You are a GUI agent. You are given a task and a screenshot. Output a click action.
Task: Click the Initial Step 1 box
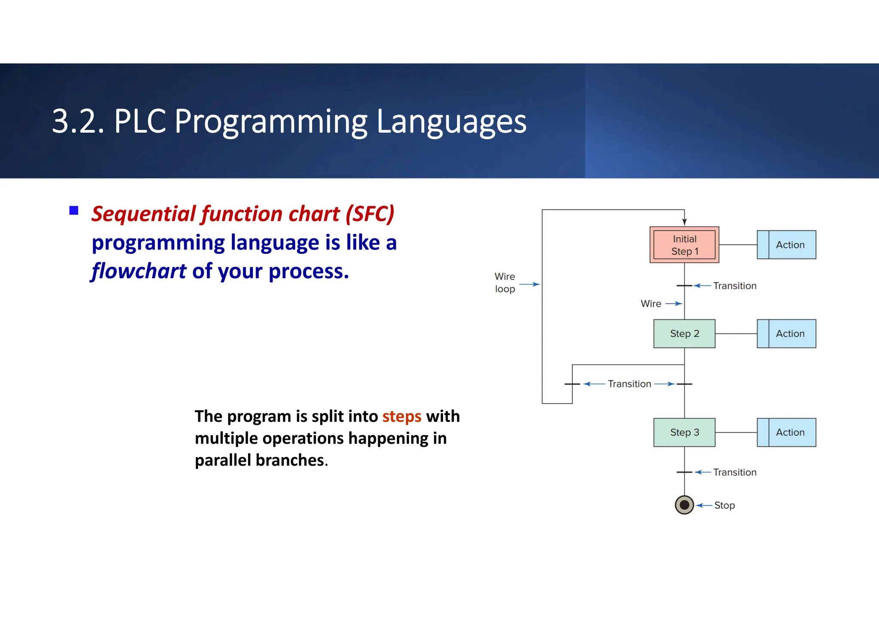click(x=684, y=245)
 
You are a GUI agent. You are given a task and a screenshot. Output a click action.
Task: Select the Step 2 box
click(x=684, y=334)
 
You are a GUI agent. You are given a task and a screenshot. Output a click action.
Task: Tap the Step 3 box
click(x=684, y=433)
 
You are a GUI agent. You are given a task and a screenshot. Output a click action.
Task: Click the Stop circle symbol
click(x=684, y=505)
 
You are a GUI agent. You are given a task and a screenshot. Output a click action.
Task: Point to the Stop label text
click(x=724, y=506)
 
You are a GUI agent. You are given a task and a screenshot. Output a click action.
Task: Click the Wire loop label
click(x=505, y=283)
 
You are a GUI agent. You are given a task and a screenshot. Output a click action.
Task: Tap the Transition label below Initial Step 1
click(x=735, y=286)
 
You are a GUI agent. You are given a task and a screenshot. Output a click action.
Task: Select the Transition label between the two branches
click(x=630, y=384)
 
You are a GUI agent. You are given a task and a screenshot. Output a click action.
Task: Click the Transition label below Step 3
click(x=735, y=473)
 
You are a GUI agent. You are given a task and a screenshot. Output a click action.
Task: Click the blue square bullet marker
click(x=74, y=210)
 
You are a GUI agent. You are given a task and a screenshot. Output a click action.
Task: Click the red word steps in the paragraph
click(x=402, y=417)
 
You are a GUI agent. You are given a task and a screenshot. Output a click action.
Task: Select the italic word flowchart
click(x=139, y=271)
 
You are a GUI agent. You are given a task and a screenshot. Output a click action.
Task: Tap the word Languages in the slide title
click(x=451, y=122)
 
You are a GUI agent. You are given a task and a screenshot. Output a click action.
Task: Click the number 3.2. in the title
click(x=78, y=122)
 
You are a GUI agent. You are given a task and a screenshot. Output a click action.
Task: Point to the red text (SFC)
click(x=370, y=214)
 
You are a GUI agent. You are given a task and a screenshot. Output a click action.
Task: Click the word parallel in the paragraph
click(x=223, y=460)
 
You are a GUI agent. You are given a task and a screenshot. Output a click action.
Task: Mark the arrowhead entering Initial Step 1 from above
click(x=684, y=222)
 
